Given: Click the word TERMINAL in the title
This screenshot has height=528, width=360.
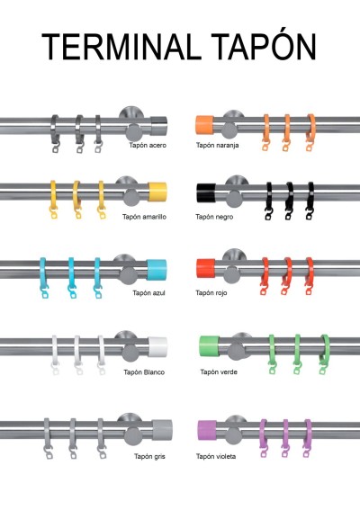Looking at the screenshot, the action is click(119, 47).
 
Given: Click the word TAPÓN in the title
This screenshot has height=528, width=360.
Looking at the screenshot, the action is click(264, 44).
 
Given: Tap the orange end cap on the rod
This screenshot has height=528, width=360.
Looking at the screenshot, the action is click(204, 125).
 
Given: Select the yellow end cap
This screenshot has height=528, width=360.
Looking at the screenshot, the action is click(157, 192).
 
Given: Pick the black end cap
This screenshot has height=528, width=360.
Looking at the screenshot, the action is click(206, 193).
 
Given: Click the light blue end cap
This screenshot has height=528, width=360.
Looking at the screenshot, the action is click(157, 270).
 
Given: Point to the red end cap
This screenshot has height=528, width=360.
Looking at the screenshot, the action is click(205, 268).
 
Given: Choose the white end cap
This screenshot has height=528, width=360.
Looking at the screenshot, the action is click(157, 347).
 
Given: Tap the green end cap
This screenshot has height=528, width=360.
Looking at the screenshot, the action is click(209, 345).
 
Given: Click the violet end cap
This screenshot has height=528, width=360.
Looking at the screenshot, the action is click(207, 430).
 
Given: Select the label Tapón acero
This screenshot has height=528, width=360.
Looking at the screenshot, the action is click(148, 145).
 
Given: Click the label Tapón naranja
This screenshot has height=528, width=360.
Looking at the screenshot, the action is click(218, 145).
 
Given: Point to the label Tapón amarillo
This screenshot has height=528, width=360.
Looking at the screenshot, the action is click(144, 217).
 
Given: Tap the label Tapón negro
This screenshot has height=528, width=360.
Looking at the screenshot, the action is click(214, 217).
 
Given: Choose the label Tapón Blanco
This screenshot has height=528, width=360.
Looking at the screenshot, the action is click(144, 372).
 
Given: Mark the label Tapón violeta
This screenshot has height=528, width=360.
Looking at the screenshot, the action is click(216, 456).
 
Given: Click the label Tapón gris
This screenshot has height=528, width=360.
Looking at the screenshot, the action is click(149, 456).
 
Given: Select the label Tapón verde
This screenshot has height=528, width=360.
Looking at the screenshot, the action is click(219, 371).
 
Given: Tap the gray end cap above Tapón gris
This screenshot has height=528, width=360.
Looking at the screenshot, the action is click(162, 430).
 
